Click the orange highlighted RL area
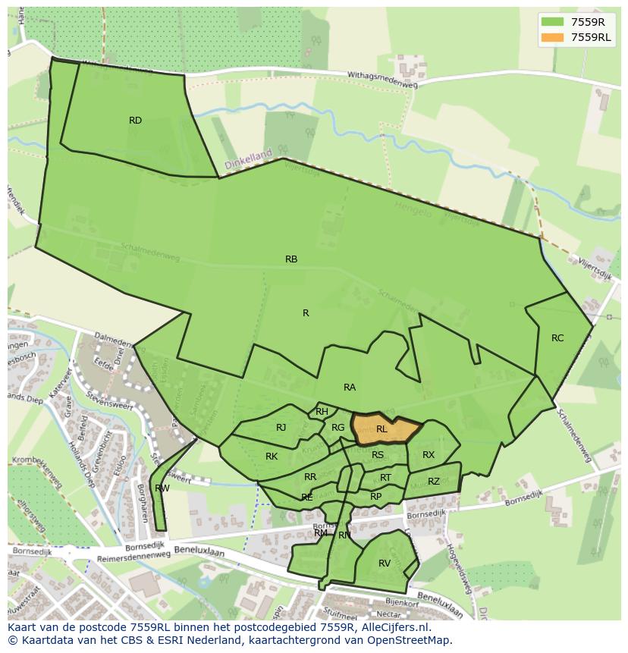pos(384,430)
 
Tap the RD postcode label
pos(135,121)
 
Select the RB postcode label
pos(291,259)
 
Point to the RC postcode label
pos(557,338)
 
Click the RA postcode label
pos(350,388)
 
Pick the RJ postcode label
pos(281,428)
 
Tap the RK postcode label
pos(272,457)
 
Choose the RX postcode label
pos(429,455)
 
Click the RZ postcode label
pos(434,482)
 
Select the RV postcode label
pos(385,564)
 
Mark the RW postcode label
pos(162,488)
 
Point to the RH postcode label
pos(322,412)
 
